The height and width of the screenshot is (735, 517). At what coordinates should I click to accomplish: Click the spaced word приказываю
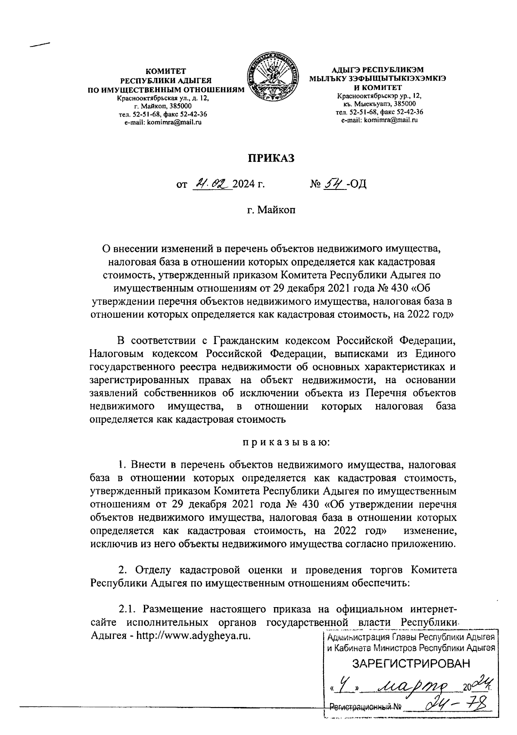[x=286, y=442]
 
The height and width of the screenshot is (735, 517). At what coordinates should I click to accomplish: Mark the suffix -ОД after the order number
[x=356, y=185]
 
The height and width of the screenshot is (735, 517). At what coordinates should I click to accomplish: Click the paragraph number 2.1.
[x=128, y=610]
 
